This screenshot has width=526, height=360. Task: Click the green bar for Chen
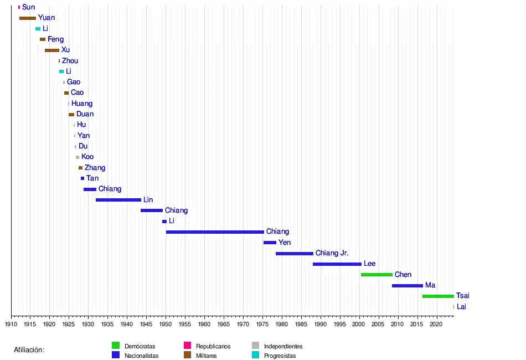377,275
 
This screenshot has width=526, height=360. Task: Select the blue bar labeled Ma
408,286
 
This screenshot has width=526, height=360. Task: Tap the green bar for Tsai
438,296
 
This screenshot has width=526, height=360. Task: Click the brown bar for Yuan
28,18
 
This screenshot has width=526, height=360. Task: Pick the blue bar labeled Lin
118,200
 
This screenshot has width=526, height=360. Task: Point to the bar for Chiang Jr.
295,254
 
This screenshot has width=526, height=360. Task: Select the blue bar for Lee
337,264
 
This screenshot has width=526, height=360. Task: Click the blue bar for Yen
270,243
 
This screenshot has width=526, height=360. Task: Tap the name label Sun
28,7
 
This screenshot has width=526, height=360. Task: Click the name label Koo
87,157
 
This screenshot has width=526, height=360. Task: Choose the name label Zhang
95,168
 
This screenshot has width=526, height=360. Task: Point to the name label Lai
461,307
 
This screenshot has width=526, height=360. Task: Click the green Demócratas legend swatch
116,346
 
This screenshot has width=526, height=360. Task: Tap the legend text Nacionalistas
142,356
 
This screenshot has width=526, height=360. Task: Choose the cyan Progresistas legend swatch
255,356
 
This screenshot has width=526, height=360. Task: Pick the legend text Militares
207,356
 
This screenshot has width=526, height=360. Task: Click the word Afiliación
29,350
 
